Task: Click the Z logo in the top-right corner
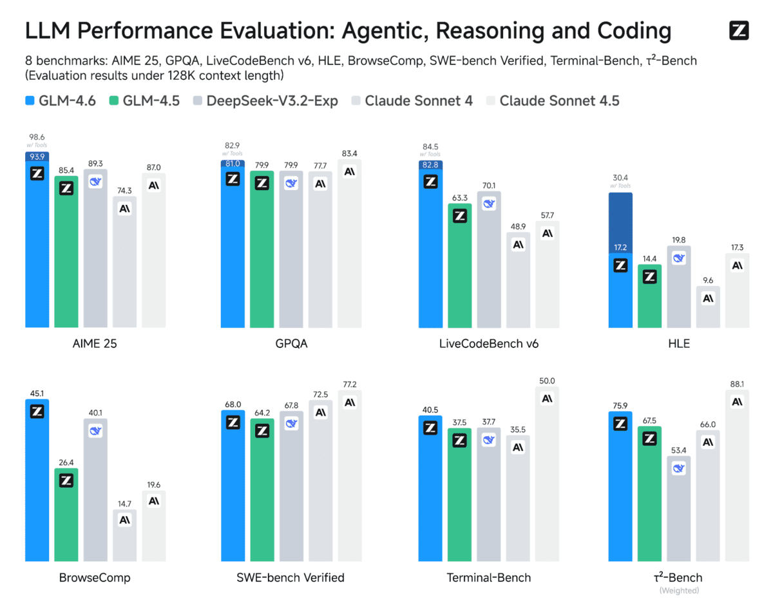[739, 31]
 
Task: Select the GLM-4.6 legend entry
[61, 101]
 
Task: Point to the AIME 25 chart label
[95, 343]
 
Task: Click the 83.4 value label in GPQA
[349, 153]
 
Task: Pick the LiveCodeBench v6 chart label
[488, 343]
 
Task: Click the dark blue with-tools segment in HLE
[620, 222]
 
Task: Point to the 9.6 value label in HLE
[708, 280]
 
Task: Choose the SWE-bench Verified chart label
[291, 577]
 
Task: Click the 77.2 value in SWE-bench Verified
[349, 384]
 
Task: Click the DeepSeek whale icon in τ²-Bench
[679, 468]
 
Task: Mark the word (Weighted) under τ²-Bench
[678, 590]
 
